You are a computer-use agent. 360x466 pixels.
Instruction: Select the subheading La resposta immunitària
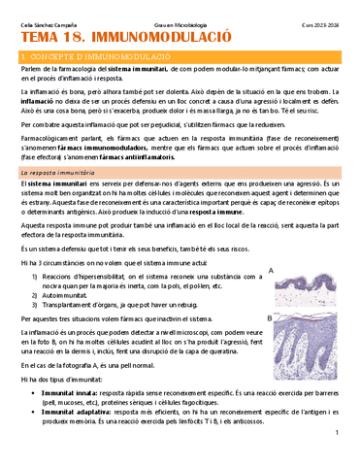tap(60, 171)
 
